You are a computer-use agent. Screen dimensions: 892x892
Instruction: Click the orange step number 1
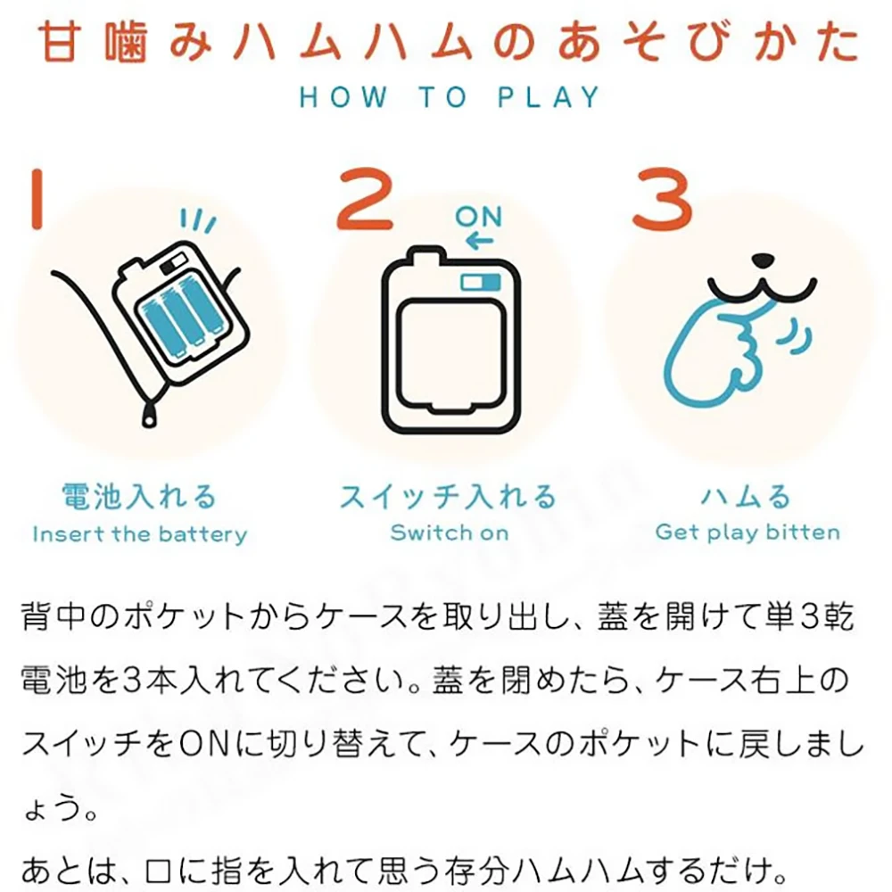37,199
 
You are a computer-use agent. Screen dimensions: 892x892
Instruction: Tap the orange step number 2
365,199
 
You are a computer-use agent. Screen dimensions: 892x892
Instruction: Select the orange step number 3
663,199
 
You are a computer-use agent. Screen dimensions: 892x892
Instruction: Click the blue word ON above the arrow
478,217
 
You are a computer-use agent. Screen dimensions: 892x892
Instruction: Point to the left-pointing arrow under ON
479,241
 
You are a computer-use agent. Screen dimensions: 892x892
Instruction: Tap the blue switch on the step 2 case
481,282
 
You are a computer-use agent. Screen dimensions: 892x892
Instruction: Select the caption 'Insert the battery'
140,534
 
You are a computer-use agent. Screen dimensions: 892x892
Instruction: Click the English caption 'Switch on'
450,533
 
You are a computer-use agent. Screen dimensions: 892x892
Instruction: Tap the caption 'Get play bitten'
747,533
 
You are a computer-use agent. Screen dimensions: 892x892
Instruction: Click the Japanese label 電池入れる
139,496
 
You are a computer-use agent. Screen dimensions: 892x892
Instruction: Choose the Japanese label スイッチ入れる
449,496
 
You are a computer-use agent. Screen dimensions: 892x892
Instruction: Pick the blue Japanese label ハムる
746,496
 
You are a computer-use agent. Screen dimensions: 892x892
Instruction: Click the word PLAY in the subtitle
549,96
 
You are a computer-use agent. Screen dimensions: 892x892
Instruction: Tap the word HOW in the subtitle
343,96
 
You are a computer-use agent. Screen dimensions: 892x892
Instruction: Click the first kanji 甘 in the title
59,42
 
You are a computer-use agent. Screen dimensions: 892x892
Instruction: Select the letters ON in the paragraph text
203,744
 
